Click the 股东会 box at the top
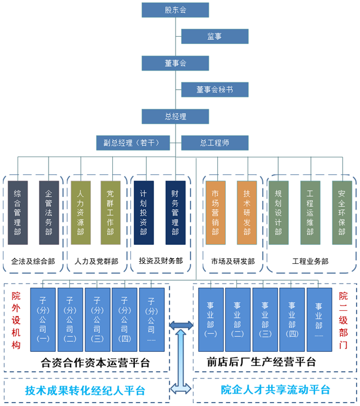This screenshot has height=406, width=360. tap(175, 10)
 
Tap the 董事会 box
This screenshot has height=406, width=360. tap(175, 63)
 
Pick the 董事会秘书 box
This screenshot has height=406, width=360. tap(214, 90)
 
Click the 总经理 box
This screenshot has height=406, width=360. tap(175, 117)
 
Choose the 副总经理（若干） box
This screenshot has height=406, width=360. tap(132, 143)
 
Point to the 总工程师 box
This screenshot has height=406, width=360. tap(214, 143)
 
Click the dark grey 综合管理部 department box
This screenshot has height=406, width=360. tap(17, 212)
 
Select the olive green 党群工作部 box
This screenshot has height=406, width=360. tap(110, 212)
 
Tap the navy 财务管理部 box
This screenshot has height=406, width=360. tap(175, 212)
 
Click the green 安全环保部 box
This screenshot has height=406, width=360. tap(342, 212)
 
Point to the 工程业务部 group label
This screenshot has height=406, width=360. tap(310, 261)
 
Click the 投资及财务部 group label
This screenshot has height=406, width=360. tap(161, 261)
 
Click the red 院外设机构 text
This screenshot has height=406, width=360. tap(16, 320)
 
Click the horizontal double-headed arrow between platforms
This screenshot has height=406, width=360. tap(182, 325)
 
